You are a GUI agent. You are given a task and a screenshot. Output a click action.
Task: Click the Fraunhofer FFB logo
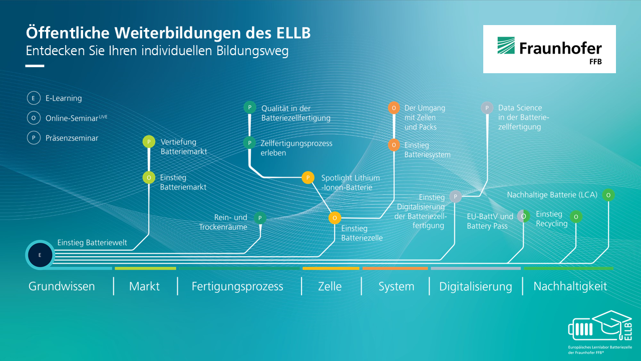tap(549, 49)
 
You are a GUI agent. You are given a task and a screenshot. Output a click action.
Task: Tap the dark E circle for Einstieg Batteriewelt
tap(40, 255)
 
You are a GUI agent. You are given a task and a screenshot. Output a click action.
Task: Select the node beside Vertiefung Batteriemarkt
tap(149, 142)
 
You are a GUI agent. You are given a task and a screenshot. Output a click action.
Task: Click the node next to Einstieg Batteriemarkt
tap(149, 177)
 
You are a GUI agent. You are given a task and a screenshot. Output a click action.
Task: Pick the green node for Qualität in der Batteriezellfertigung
tap(250, 107)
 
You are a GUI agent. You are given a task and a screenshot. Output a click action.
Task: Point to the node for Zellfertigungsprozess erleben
tap(249, 143)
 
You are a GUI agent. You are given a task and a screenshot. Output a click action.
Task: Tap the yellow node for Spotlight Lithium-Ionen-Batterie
tap(308, 177)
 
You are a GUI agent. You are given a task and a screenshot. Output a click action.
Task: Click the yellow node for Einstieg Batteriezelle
tap(335, 218)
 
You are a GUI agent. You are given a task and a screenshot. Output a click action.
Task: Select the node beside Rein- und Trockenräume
tap(260, 218)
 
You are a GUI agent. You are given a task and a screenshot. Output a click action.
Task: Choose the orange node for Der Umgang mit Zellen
tap(394, 108)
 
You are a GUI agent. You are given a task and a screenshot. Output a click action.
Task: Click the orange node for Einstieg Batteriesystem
tap(394, 145)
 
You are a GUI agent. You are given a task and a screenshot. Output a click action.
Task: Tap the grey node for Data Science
tap(487, 108)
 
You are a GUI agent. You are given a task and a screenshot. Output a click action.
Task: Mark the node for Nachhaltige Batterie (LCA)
tap(608, 195)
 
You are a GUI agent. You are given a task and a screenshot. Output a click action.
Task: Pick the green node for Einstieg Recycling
tap(576, 217)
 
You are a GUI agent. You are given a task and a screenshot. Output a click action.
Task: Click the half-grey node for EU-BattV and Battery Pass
tap(523, 216)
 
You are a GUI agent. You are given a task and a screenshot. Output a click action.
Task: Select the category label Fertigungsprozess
tap(237, 286)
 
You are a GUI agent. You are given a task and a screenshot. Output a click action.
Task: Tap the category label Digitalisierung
tap(476, 286)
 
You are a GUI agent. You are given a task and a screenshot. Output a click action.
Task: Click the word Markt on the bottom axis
tap(144, 286)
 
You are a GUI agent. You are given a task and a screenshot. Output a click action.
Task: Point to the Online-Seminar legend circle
tap(34, 118)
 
